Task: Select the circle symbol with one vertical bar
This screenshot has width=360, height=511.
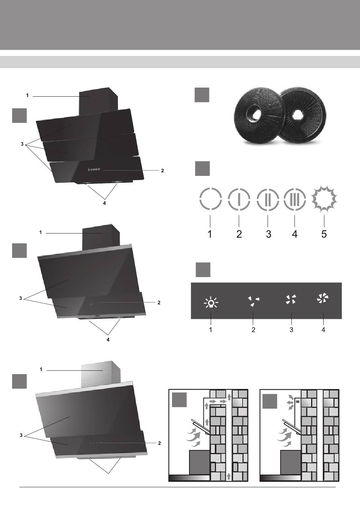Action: click(x=239, y=199)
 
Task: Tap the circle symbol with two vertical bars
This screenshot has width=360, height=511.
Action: click(x=268, y=199)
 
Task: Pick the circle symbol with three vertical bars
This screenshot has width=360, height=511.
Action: click(x=295, y=199)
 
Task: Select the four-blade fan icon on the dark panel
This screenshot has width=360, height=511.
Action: click(x=291, y=299)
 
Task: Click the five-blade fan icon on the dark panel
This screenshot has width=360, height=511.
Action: click(x=323, y=299)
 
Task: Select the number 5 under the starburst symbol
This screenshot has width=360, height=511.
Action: click(x=324, y=234)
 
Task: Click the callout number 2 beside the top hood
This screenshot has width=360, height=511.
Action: click(x=163, y=171)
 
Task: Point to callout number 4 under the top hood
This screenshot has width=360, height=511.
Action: click(x=105, y=203)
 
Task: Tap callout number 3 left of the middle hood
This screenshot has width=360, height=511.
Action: click(x=21, y=299)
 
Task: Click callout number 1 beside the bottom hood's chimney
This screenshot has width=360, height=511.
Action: click(x=41, y=370)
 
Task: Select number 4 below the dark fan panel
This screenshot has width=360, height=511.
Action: click(x=323, y=330)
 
